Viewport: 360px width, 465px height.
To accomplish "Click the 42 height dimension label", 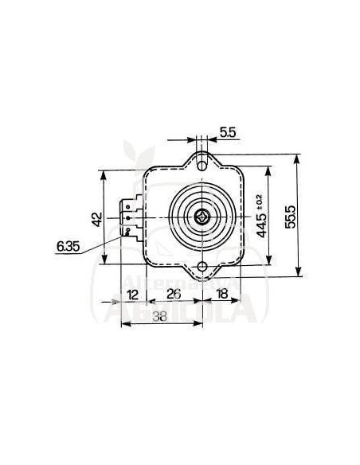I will pos(96,218).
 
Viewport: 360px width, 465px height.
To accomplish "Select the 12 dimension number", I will pos(134,294).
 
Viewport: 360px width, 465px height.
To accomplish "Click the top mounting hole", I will pos(202,163).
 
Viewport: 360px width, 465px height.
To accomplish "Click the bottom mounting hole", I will pos(202,266).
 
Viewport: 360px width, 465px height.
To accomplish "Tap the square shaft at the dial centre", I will pos(202,215).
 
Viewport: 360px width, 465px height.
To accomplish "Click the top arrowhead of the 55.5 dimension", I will pos(296,158).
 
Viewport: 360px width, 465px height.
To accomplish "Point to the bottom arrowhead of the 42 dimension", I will pos(104,263).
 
